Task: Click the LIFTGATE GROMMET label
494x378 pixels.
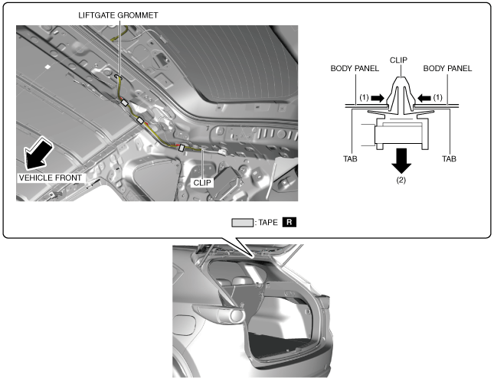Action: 118,15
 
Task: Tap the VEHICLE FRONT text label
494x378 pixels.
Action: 51,178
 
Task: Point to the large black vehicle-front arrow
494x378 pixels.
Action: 38,155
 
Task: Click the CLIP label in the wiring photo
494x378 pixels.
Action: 202,183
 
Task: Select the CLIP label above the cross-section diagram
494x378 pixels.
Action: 398,60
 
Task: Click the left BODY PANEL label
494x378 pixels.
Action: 355,69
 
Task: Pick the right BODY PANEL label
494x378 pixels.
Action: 447,69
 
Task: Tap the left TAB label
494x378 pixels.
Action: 350,159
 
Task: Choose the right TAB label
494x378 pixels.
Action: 449,159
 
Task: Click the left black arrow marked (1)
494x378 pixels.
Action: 378,98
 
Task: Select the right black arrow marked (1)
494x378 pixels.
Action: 424,98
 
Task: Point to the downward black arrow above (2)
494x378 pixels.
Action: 401,161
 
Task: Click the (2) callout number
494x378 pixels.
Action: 401,181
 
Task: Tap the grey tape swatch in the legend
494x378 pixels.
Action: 242,223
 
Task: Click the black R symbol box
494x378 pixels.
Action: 290,222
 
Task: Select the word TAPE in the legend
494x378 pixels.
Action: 268,223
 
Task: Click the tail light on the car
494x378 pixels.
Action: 219,314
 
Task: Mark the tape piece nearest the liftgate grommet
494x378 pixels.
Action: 124,103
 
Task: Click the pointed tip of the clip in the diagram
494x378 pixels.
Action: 401,77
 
